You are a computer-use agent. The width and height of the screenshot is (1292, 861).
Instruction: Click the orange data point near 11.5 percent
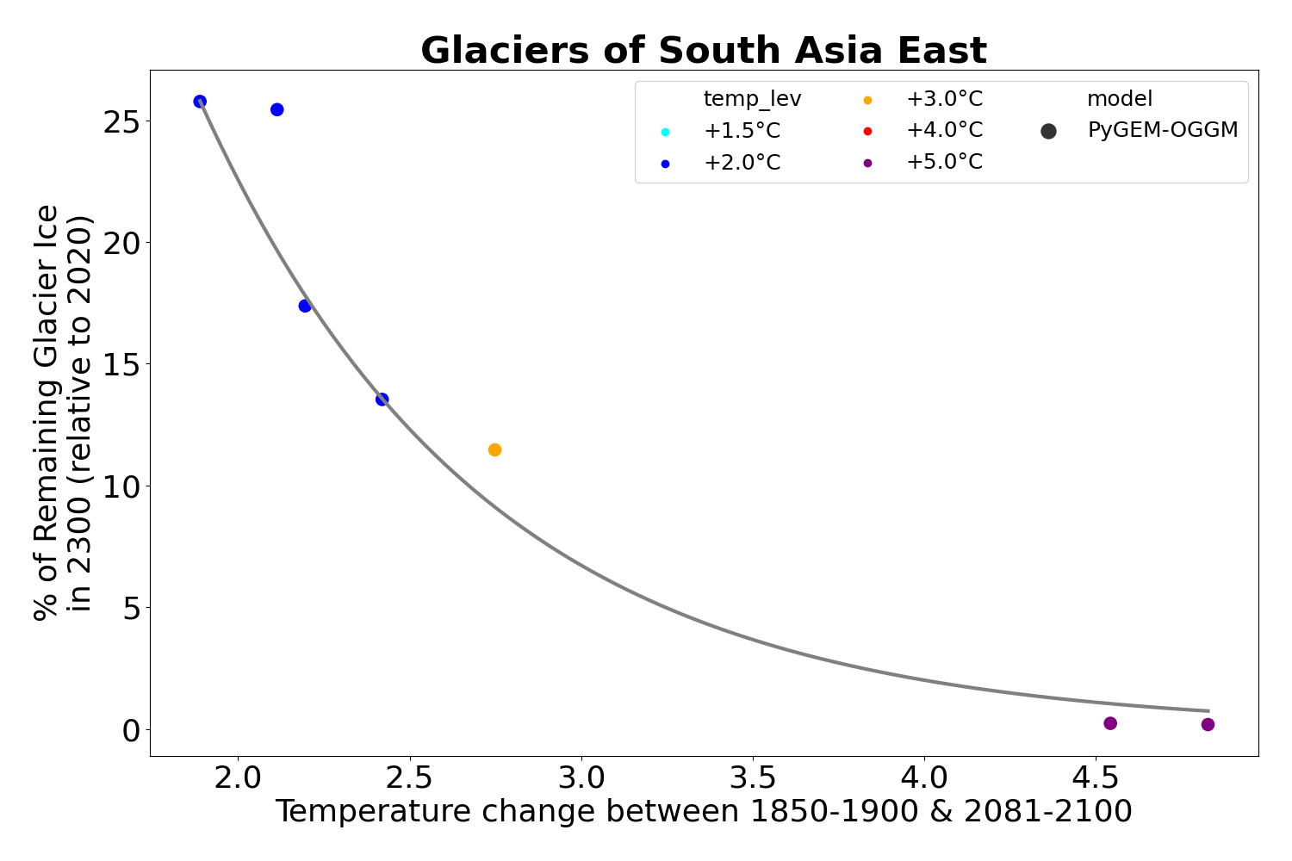pos(494,449)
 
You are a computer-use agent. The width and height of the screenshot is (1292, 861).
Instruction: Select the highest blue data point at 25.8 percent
pos(200,102)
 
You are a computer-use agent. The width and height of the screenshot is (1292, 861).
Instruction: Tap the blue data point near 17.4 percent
pos(305,306)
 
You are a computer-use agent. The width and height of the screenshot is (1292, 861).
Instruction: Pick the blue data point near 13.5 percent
pos(382,399)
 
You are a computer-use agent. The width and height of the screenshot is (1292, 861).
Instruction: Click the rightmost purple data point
pos(1208,724)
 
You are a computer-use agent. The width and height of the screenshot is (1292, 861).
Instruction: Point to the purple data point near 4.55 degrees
pos(1110,723)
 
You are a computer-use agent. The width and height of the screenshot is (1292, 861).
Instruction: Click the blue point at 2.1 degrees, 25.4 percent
pos(276,109)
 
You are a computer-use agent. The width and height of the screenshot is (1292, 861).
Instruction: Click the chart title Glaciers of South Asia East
pos(703,51)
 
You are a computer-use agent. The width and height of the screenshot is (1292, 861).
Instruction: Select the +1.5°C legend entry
pos(741,131)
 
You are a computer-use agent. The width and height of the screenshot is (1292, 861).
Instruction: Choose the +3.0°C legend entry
pos(943,99)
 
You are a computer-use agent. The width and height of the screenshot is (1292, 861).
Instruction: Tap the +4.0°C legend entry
pos(943,131)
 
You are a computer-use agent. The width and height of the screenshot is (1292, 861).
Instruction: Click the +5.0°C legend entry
pos(943,162)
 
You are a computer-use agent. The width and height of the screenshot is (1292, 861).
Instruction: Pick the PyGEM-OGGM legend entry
pos(1162,131)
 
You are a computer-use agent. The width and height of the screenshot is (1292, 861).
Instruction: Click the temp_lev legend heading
pos(752,99)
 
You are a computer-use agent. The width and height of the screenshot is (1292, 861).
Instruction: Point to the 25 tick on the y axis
pos(121,121)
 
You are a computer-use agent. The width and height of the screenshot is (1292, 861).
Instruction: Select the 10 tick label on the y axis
pos(121,486)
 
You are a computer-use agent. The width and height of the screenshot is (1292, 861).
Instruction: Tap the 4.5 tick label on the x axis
pos(1095,777)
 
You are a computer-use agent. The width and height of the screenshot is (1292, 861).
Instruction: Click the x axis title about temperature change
pos(703,812)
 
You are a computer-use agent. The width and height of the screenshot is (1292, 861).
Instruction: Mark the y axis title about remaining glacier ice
pos(62,412)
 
